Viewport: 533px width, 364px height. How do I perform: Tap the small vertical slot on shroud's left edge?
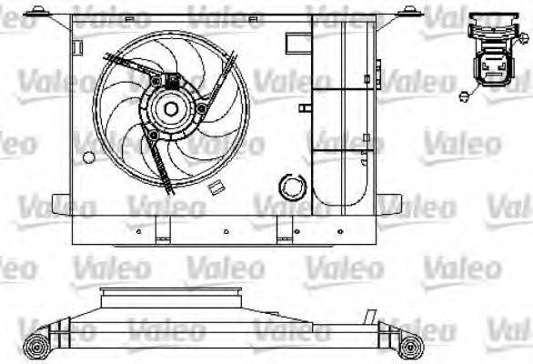[80, 45]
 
